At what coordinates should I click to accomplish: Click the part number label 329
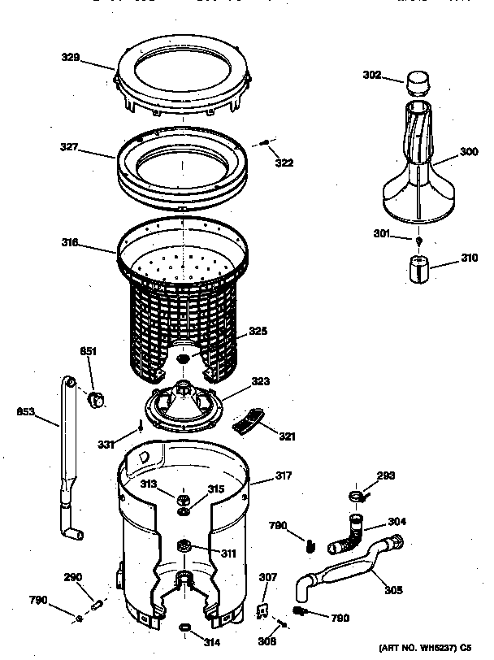pos(71,57)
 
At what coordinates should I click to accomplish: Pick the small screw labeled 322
pos(265,144)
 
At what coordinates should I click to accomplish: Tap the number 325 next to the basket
pos(258,331)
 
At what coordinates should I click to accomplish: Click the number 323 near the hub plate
pos(260,380)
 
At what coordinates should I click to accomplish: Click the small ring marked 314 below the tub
pos(186,627)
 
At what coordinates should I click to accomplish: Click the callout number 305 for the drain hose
pos(393,591)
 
